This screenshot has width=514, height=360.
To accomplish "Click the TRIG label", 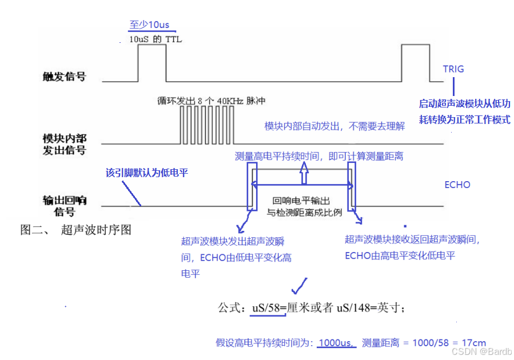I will (x=453, y=69).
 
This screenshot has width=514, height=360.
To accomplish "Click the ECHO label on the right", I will (x=457, y=185).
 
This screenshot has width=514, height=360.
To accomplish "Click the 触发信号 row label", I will (x=64, y=76).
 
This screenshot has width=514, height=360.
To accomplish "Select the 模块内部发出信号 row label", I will (x=64, y=145).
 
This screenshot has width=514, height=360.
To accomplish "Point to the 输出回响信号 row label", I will (x=64, y=206).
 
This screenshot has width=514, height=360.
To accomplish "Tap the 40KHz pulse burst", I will (x=204, y=123).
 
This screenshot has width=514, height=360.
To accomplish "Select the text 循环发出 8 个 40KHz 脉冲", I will (x=212, y=101).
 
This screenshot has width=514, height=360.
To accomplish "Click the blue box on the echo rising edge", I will (x=252, y=186).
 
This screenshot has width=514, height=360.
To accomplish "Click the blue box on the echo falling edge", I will (x=352, y=186).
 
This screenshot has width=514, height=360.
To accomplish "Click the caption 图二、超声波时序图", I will (x=76, y=230).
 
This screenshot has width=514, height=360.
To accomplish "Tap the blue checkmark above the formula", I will (x=299, y=285).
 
